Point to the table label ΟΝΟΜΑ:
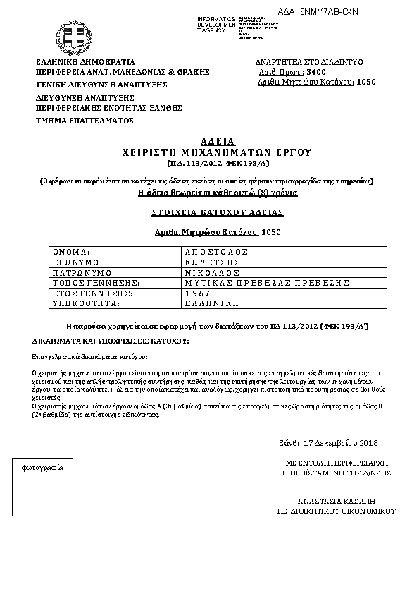click(71, 252)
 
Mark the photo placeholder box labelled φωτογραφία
click(44, 493)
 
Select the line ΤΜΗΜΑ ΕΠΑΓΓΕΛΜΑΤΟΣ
click(85, 121)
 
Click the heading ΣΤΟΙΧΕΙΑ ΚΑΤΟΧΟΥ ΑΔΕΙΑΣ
click(208, 212)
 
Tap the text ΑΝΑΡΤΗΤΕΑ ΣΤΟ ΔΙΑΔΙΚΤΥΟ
click(311, 62)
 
